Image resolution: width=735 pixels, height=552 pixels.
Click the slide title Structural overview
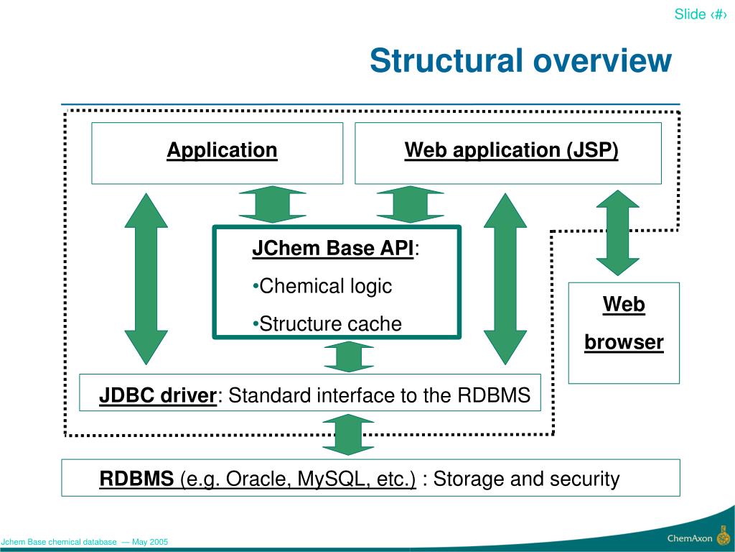[520, 60]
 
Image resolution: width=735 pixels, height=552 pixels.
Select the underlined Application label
[223, 150]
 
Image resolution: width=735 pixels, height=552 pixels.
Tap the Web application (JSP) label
[511, 150]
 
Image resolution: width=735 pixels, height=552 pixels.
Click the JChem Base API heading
[333, 248]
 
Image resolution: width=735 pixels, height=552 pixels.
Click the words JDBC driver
[158, 395]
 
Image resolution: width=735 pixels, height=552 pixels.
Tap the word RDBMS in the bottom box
[136, 479]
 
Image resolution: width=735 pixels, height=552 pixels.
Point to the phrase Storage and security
[526, 479]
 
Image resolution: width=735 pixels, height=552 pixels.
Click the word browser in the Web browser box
[624, 341]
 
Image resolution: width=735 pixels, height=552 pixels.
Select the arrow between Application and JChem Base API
[272, 205]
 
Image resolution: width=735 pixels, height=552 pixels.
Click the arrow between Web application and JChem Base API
[410, 205]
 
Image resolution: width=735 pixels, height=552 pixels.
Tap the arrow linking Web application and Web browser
[618, 233]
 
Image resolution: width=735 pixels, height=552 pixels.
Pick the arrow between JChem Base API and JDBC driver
[349, 356]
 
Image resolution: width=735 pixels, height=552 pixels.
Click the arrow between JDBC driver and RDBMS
[348, 435]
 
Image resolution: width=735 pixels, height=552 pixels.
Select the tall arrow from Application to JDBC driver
[146, 279]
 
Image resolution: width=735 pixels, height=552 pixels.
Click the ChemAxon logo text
[690, 538]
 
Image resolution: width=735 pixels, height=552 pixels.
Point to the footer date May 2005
[150, 542]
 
